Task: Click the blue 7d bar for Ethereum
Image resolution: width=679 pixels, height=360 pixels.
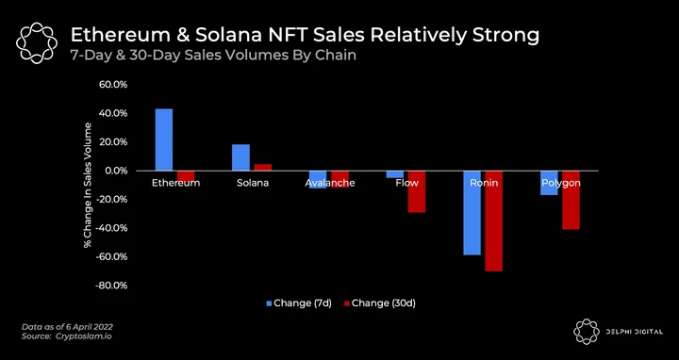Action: tap(164, 139)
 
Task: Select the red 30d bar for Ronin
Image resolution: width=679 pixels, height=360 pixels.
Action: tap(493, 221)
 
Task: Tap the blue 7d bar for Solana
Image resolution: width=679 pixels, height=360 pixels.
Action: tap(240, 157)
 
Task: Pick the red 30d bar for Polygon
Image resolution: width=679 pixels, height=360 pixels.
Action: tap(571, 200)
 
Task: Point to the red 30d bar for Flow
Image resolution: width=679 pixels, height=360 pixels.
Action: tap(417, 191)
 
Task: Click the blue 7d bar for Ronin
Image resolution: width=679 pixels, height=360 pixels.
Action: tap(472, 213)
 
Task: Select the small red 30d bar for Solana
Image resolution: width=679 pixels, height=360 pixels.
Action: tap(263, 168)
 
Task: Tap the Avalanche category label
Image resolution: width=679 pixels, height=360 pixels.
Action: tap(330, 183)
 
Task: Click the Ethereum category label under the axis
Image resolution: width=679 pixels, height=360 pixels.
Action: tap(175, 183)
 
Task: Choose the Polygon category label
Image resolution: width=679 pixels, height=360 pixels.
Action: tap(561, 183)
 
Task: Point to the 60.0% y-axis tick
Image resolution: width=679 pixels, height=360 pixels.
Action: tap(113, 85)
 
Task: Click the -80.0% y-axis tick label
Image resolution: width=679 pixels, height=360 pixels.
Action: tap(112, 286)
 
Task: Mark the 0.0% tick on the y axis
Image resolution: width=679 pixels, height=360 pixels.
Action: tap(116, 171)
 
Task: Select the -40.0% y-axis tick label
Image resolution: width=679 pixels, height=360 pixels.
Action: tap(112, 228)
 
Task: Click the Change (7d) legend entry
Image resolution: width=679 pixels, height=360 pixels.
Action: tap(299, 303)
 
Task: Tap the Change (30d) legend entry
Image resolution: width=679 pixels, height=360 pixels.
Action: tap(380, 303)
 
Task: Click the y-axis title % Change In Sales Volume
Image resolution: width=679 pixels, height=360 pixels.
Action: tap(89, 186)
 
